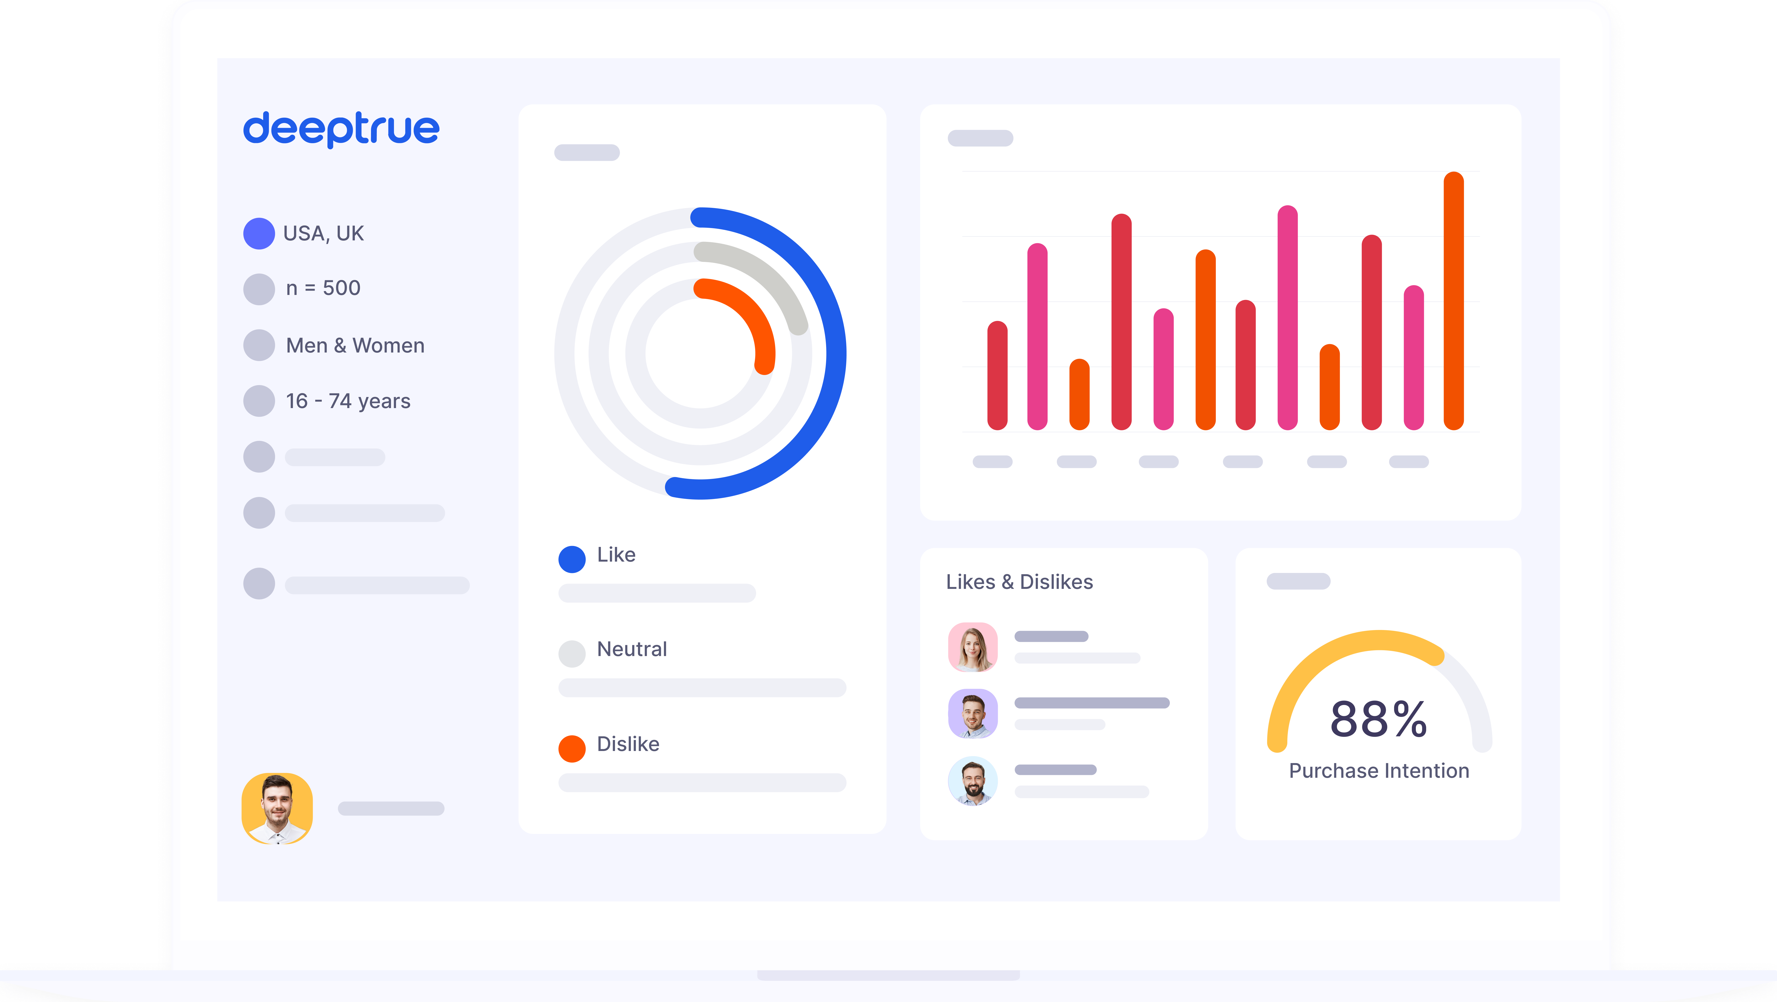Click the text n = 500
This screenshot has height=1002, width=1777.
point(323,288)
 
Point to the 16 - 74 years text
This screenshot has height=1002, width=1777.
point(348,401)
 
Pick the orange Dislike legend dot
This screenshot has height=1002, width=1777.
point(572,748)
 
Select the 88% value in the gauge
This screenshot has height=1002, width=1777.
point(1378,719)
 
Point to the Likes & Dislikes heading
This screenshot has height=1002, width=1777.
point(1019,582)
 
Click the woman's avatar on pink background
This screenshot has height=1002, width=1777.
point(973,647)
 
